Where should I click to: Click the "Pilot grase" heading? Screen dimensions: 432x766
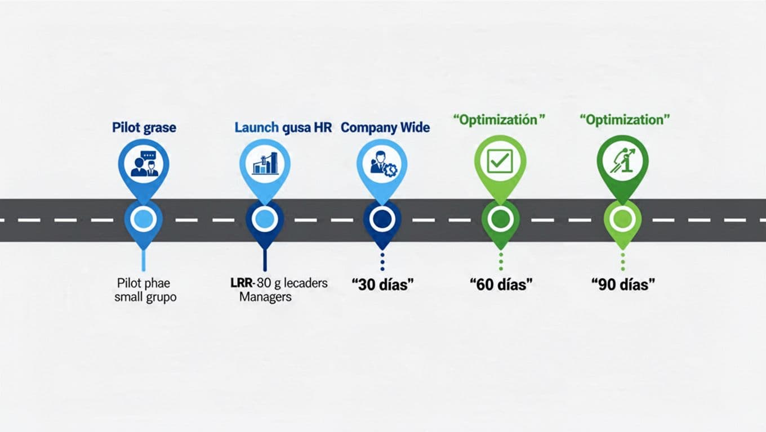[144, 128]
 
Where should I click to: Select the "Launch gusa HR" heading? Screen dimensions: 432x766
[283, 128]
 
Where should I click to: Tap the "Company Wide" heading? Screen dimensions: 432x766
[385, 128]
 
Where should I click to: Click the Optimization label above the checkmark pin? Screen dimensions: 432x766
[500, 120]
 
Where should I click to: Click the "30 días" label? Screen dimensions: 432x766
[382, 285]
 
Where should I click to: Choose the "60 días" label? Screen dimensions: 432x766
[501, 285]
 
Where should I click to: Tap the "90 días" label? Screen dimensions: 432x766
[624, 285]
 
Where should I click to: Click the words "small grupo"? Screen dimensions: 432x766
[145, 297]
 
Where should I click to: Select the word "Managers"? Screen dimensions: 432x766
[265, 296]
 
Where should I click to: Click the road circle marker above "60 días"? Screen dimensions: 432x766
[500, 219]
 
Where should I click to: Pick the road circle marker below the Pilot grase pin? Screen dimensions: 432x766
[143, 219]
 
